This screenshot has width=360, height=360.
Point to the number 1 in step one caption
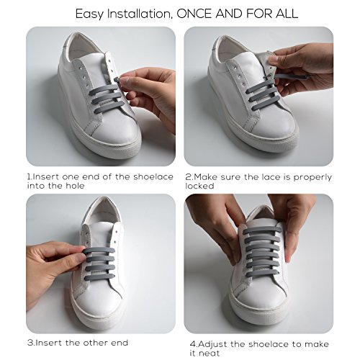click(x=30, y=176)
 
